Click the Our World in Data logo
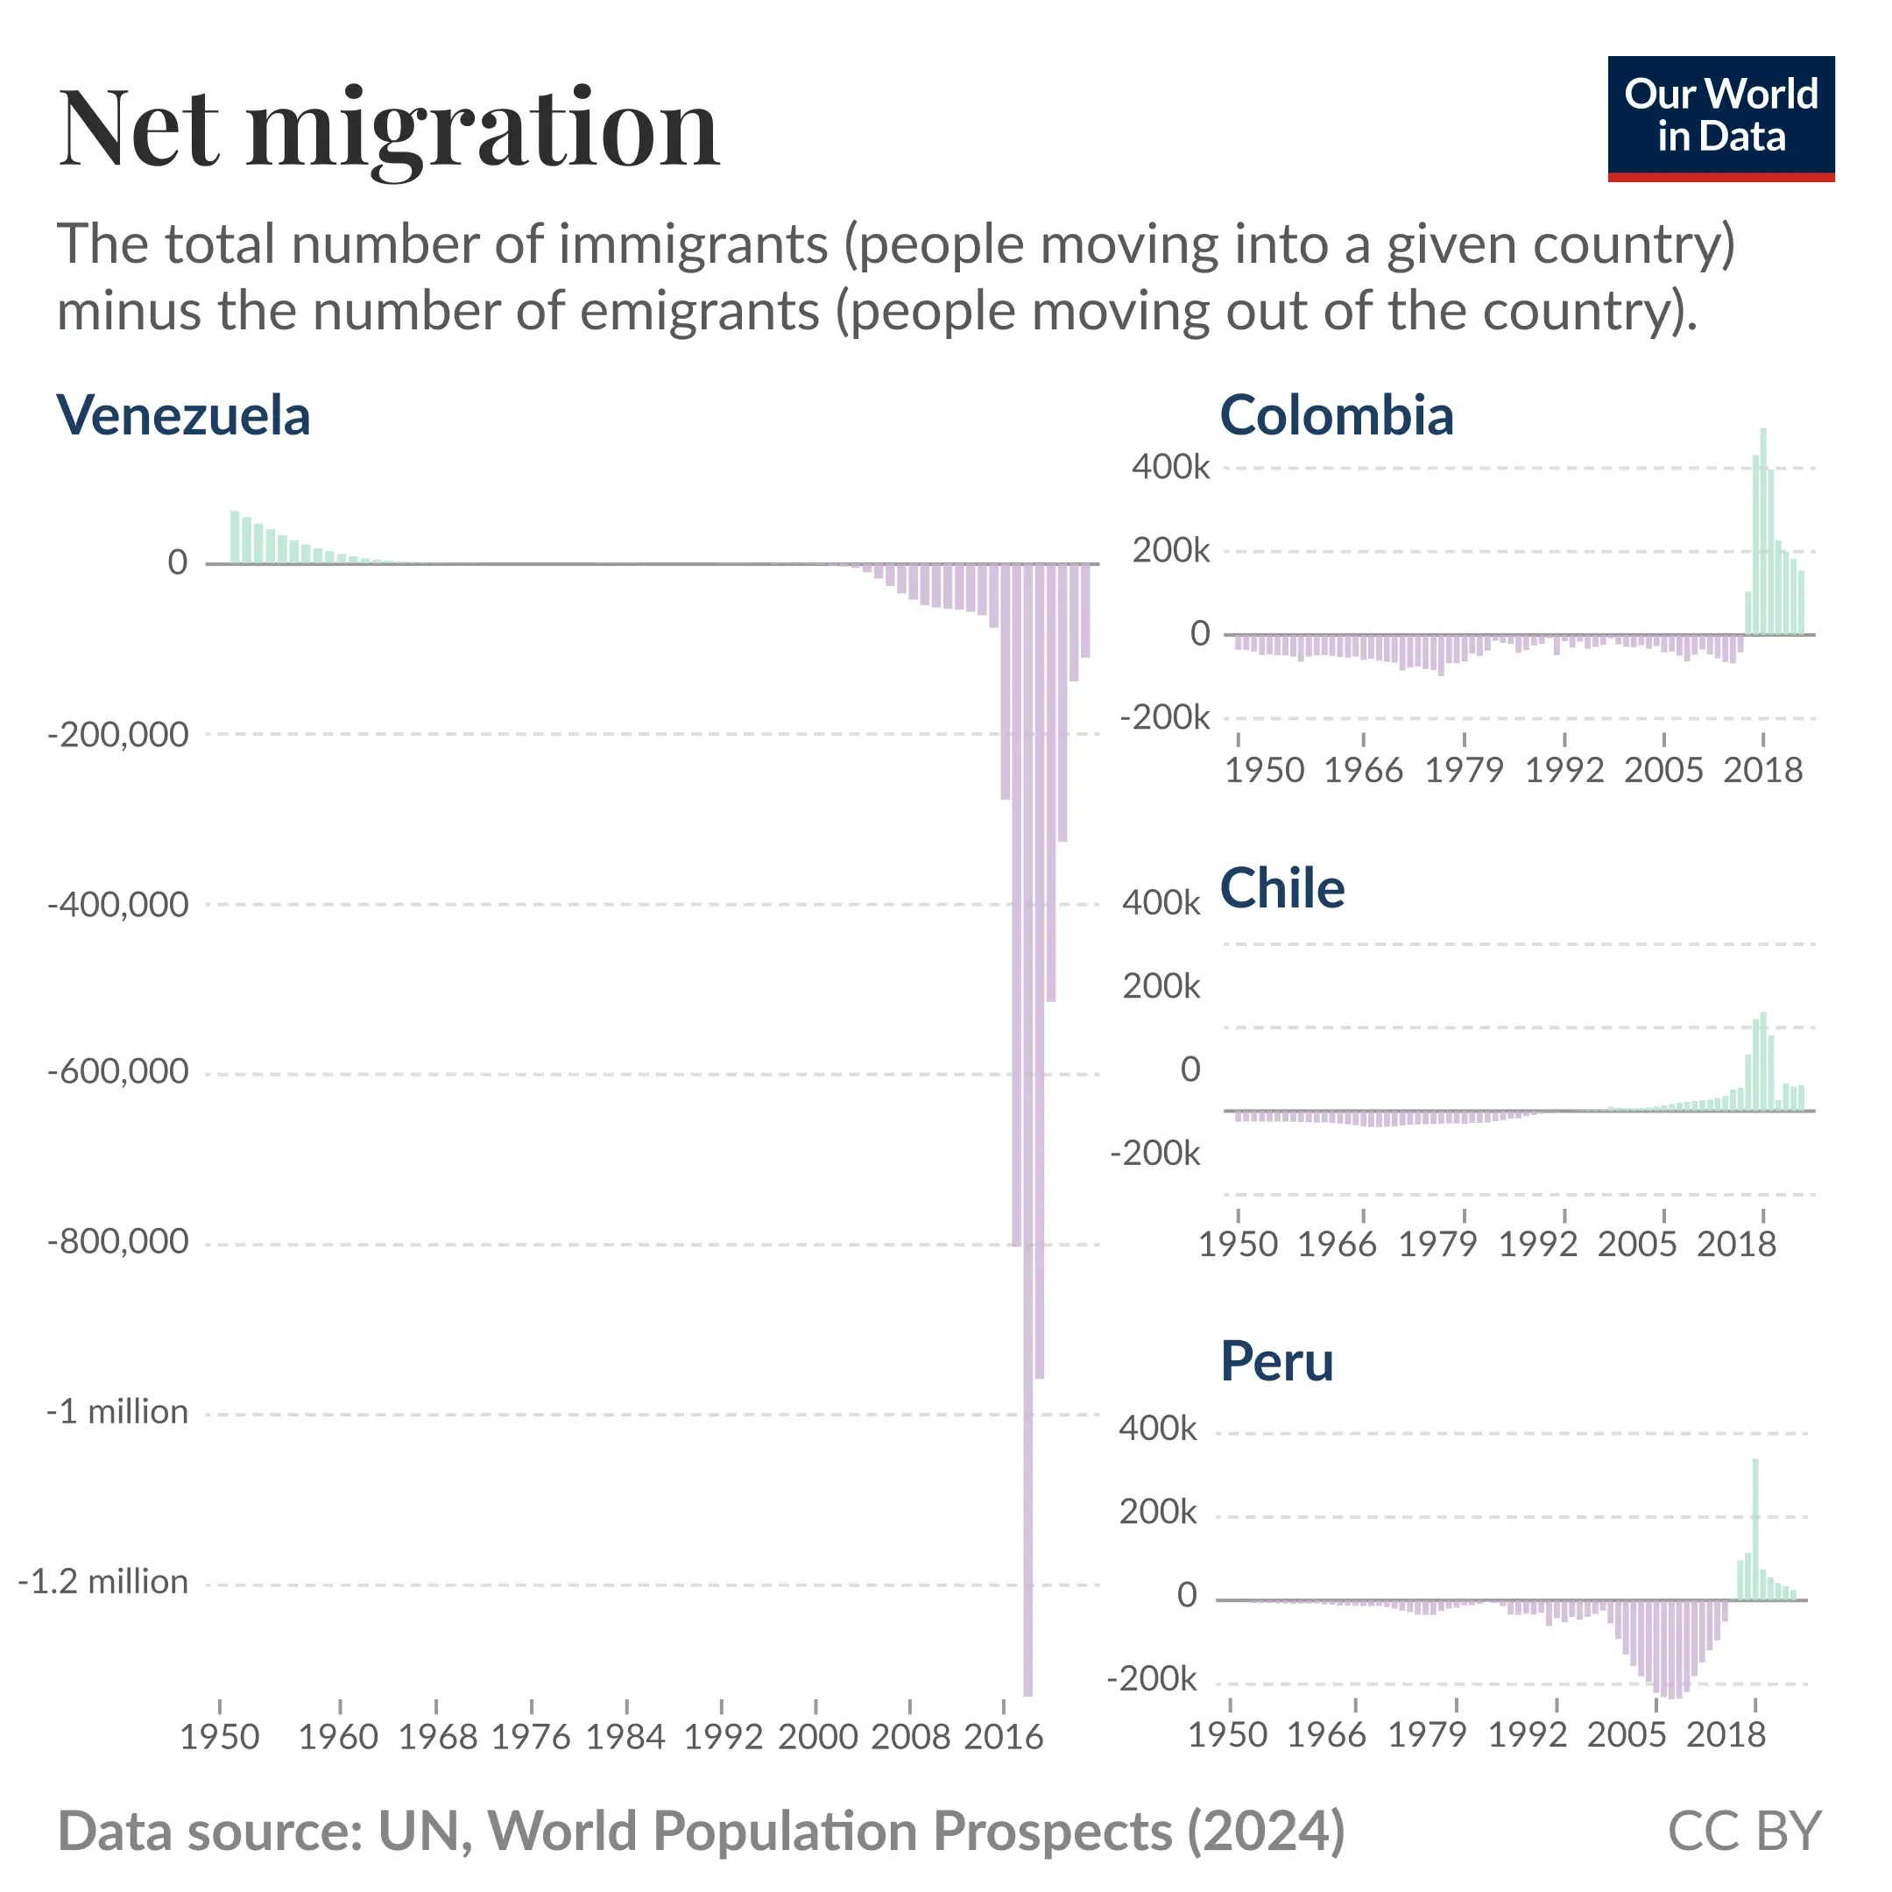pos(1719,117)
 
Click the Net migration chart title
pos(389,130)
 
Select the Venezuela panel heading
pos(183,415)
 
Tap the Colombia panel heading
pos(1336,415)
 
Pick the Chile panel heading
pos(1281,888)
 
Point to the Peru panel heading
pos(1276,1361)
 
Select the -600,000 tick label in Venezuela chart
pos(117,1072)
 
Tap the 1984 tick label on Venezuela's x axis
pos(625,1737)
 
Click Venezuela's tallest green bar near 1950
pos(235,537)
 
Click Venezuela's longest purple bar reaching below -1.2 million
pos(1027,1175)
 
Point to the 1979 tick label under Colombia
pos(1463,771)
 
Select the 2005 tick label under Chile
pos(1636,1245)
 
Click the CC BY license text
pos(1743,1832)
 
